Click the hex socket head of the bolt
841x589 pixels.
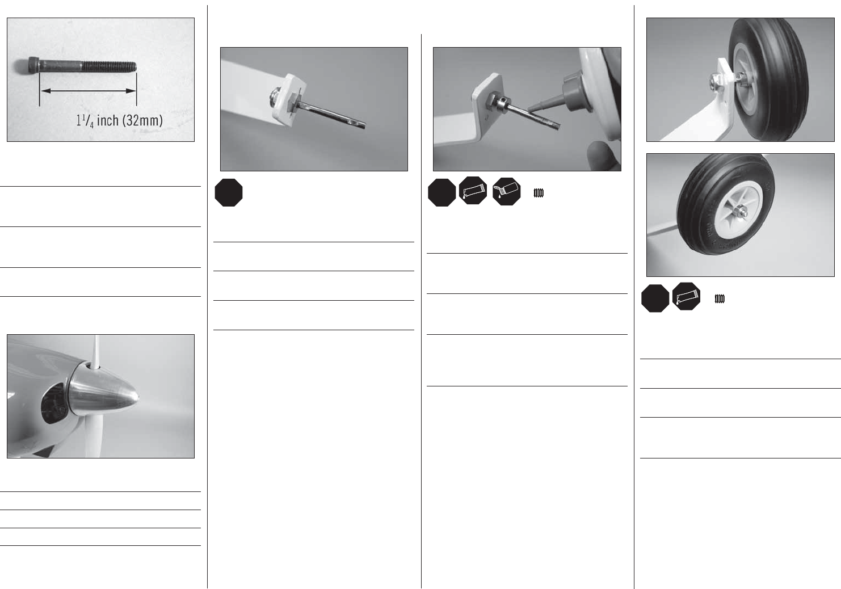coord(33,65)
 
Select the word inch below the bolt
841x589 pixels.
coord(108,120)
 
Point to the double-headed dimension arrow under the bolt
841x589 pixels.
coord(88,90)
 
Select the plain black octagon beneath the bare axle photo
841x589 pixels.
coord(229,192)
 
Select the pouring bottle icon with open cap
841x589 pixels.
coord(507,191)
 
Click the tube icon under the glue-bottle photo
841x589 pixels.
coord(473,191)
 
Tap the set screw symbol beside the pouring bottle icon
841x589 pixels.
coord(539,193)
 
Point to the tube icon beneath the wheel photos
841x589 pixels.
coord(686,297)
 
